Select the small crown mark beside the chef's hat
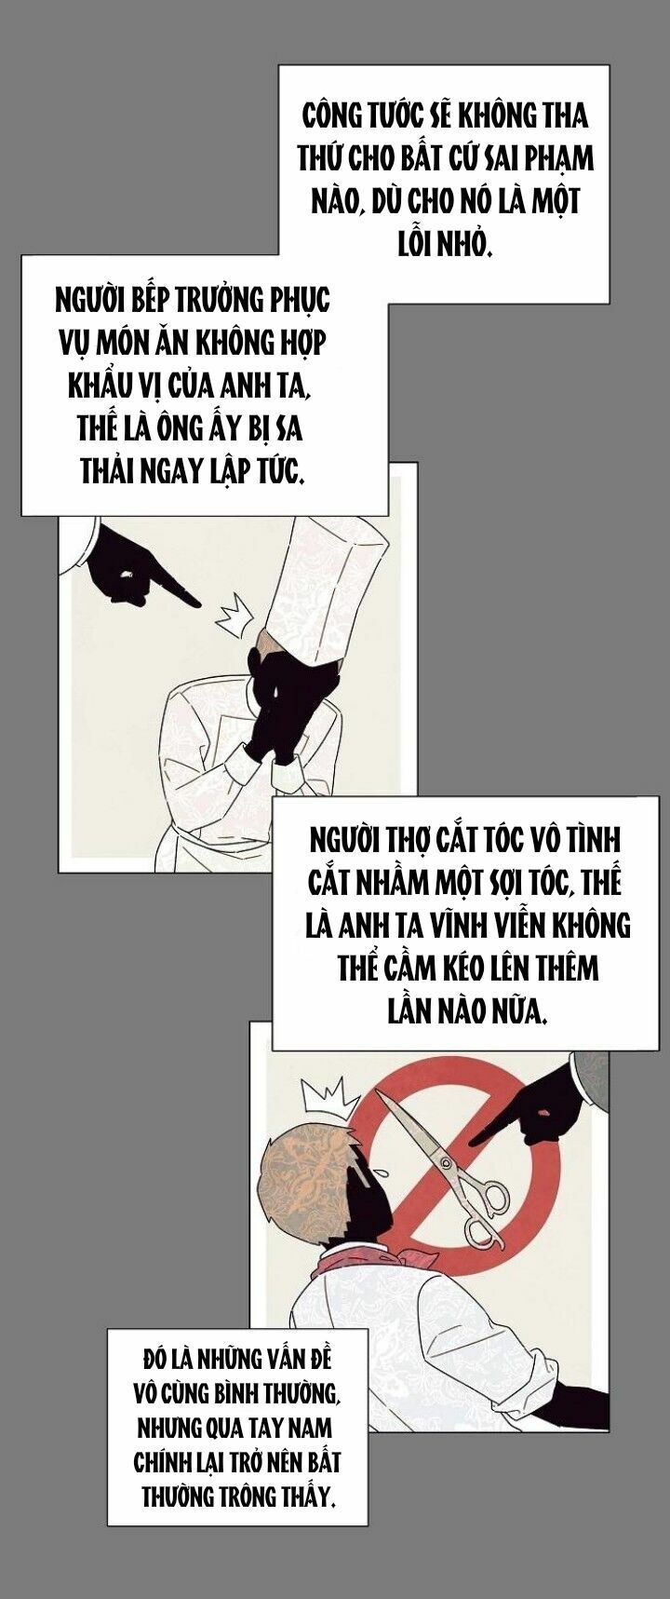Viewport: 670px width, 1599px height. pos(234,617)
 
